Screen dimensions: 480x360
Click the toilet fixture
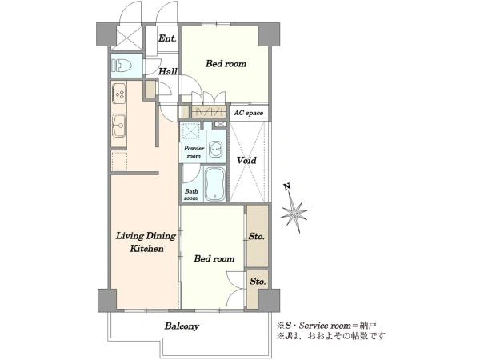coord(122,66)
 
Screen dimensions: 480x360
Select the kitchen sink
coord(119,126)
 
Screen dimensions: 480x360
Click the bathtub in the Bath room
coord(215,184)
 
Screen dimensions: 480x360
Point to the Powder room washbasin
coord(217,150)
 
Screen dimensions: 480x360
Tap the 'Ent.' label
coord(167,38)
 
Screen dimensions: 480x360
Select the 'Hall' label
coord(168,71)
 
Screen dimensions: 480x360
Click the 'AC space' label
coord(249,113)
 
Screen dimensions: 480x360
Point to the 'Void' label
coord(246,160)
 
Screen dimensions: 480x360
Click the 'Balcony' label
coord(182,326)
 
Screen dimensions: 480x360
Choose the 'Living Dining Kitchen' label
coord(146,242)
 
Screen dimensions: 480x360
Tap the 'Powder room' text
coord(194,152)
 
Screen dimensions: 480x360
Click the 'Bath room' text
coord(191,194)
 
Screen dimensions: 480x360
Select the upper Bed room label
coord(226,64)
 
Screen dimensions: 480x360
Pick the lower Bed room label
coord(214,258)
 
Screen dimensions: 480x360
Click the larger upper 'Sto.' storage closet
coord(258,236)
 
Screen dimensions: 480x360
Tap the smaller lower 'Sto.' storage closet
coord(258,290)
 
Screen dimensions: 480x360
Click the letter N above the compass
coord(287,186)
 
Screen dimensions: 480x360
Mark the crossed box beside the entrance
coord(126,38)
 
